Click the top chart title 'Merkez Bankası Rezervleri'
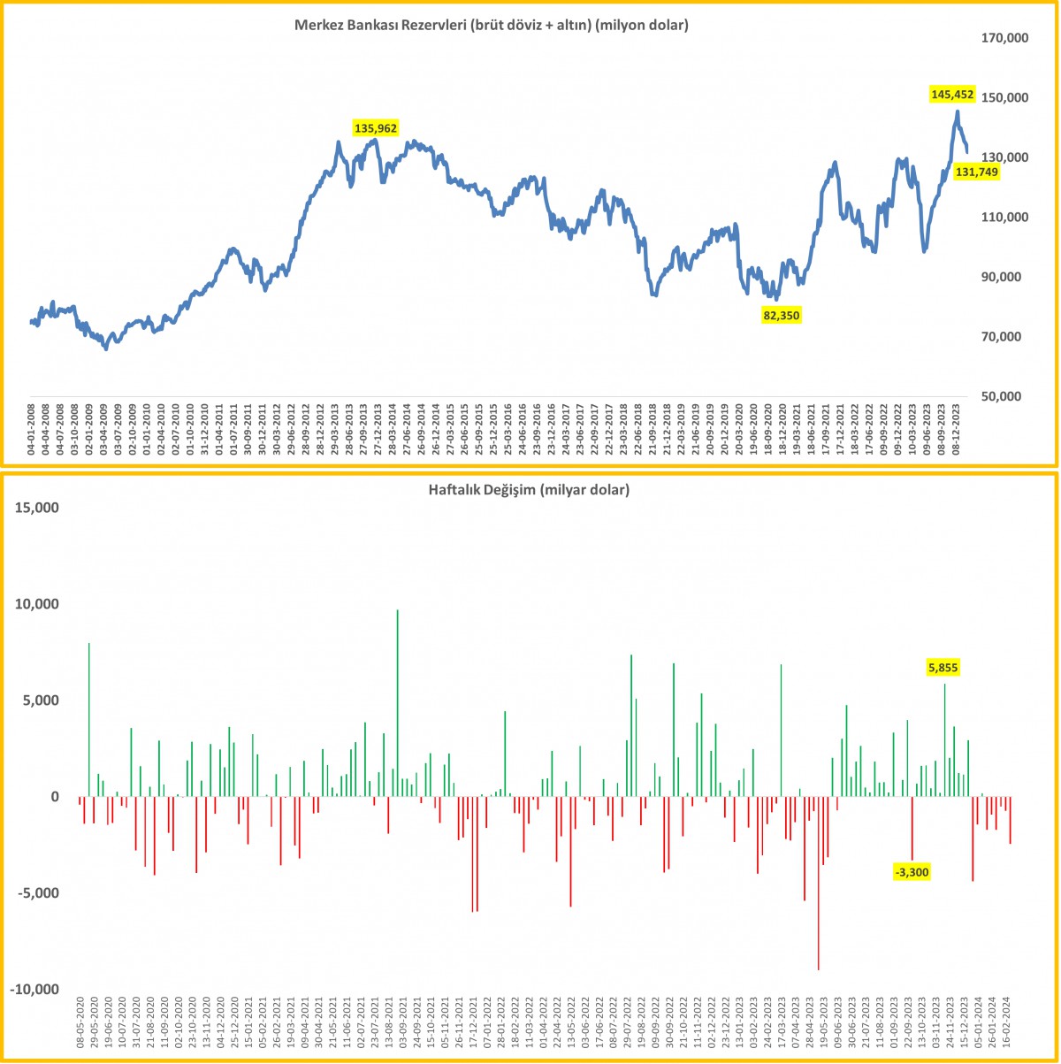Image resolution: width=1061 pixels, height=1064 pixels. [x=492, y=26]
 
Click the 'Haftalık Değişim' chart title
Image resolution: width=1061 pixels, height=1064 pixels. [x=530, y=489]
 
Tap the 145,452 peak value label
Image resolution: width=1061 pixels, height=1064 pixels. [x=951, y=94]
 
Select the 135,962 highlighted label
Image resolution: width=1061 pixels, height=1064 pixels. [x=376, y=128]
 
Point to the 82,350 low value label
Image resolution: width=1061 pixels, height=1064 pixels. [x=781, y=314]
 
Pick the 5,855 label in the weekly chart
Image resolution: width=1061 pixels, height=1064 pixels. [x=943, y=668]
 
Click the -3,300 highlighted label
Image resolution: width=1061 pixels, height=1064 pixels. [x=912, y=872]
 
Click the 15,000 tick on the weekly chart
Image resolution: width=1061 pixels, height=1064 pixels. [x=34, y=508]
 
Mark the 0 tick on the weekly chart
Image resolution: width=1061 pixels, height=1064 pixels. [x=55, y=796]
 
